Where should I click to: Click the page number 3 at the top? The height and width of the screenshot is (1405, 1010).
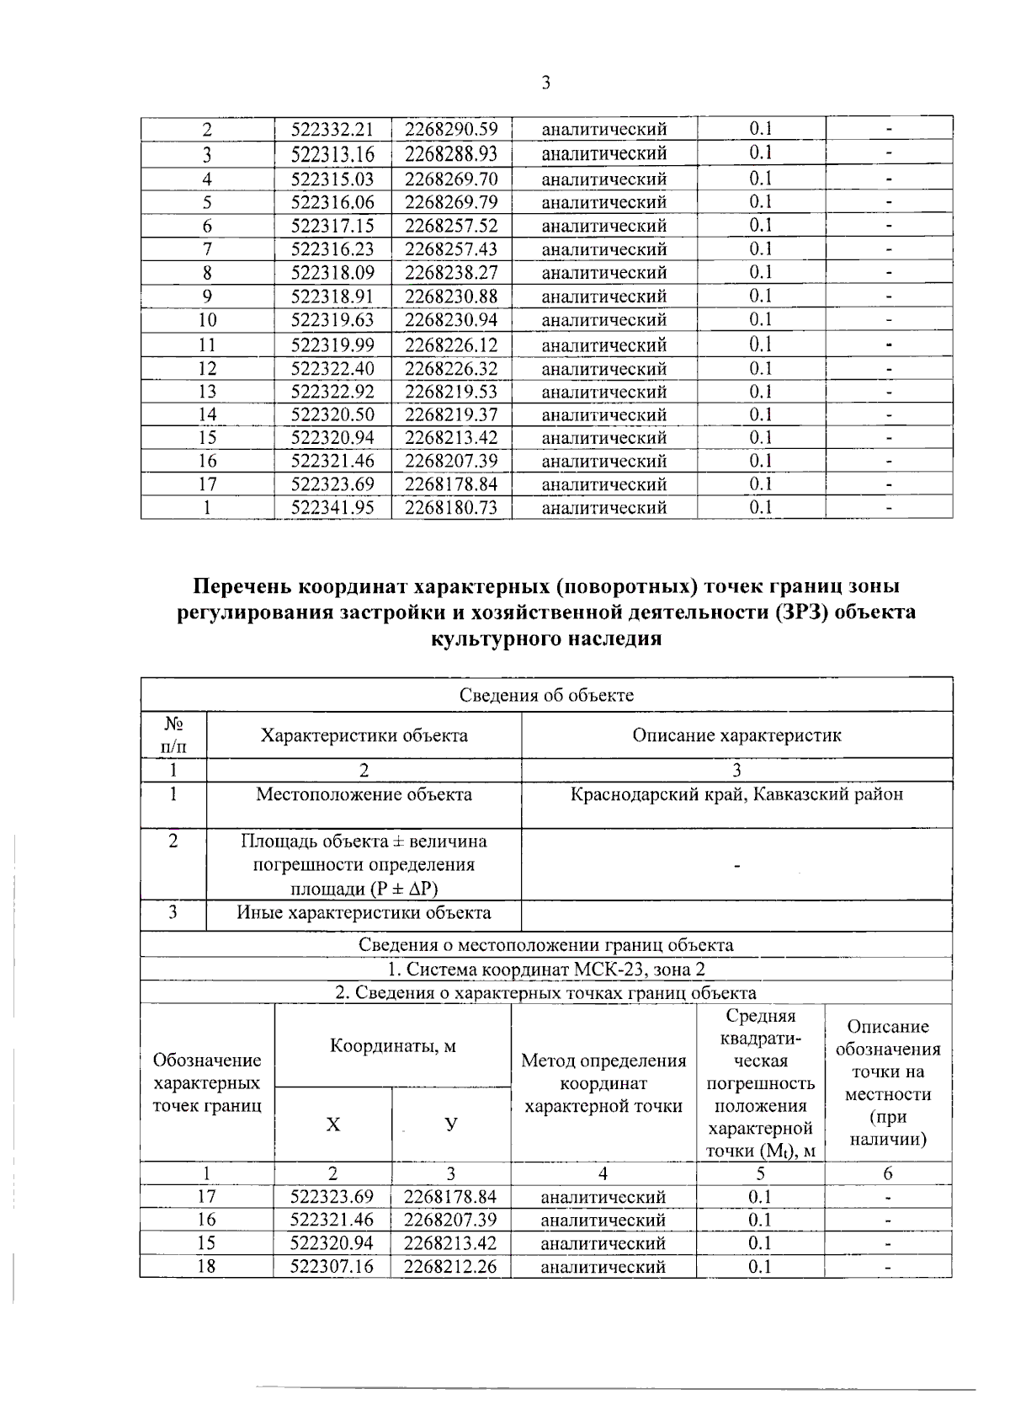pos(545,83)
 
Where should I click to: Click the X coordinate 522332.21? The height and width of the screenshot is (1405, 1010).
pos(332,130)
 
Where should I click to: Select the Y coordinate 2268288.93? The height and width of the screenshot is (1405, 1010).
pos(451,154)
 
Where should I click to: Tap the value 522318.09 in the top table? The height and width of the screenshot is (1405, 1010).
pos(332,273)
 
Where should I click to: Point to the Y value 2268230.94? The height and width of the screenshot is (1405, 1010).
pos(451,320)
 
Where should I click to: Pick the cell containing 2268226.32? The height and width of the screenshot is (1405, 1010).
pos(451,369)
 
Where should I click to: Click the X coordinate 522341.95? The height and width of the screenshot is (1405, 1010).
pos(332,507)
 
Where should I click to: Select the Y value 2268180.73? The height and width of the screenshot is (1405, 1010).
pos(451,507)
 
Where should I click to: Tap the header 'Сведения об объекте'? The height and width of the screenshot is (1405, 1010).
pos(546,695)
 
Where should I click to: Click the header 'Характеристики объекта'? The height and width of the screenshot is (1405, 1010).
pos(364,735)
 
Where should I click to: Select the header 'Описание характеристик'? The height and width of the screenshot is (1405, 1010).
pos(736,735)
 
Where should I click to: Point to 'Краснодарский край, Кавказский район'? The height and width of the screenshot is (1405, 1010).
pos(736,794)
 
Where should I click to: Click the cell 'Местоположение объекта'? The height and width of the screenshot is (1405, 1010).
pos(364,794)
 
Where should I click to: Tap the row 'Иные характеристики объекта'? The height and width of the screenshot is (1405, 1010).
pos(364,913)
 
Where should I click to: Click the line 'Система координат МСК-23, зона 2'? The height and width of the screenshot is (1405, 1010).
pos(546,969)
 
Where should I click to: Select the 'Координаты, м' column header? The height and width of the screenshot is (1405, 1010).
pos(392,1045)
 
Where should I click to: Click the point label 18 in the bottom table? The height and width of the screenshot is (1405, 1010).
pos(206,1266)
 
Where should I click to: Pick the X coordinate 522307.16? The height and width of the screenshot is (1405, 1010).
pos(332,1266)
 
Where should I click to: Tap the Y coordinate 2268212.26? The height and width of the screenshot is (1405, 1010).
pos(450,1266)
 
